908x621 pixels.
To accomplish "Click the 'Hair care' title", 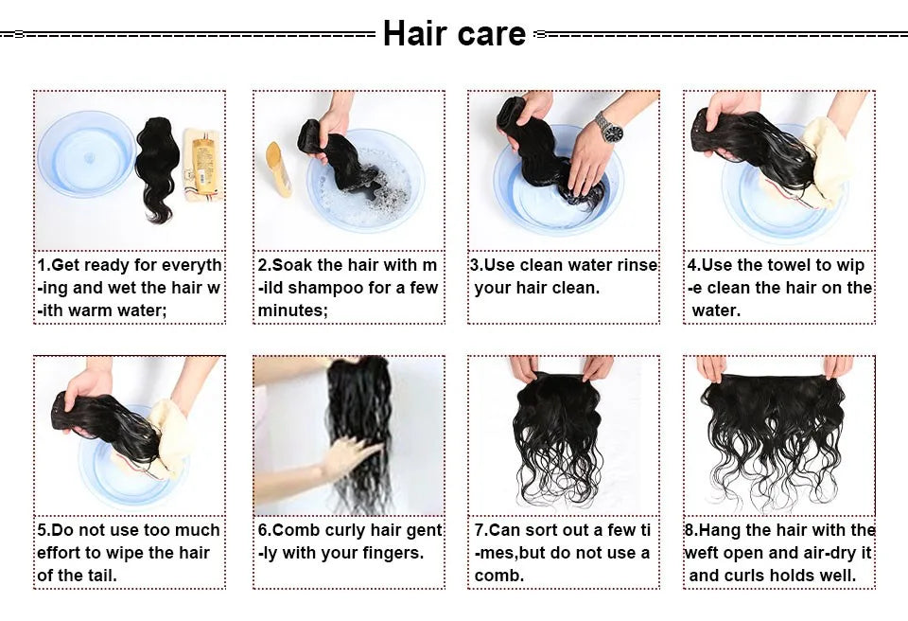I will (454, 34).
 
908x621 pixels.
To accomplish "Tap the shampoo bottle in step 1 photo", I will (201, 165).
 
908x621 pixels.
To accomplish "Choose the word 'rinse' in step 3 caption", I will (635, 265).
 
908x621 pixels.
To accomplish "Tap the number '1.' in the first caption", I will (44, 265).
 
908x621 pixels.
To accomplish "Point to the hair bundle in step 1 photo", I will (156, 169).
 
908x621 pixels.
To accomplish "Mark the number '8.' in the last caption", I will (691, 530).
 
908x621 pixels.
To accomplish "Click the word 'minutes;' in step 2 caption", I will (293, 310).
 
